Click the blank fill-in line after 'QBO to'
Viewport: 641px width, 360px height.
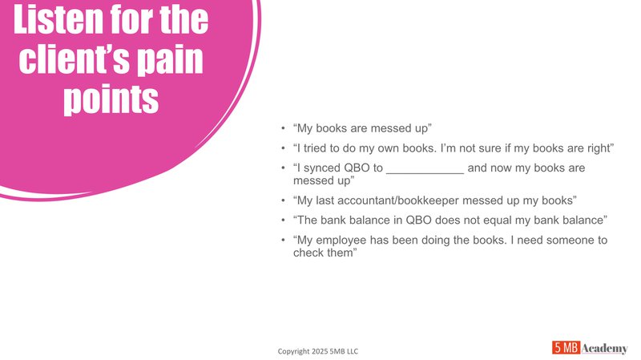point(425,168)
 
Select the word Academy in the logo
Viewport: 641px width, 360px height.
point(605,347)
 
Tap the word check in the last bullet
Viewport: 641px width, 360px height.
point(310,253)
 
